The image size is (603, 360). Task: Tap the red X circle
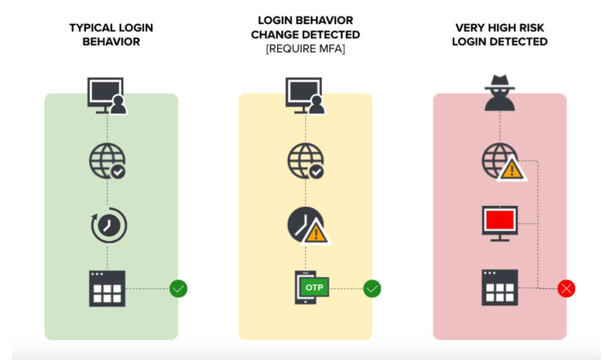coord(566,288)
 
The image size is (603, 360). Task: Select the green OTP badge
coord(314,287)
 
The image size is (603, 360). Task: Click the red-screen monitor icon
coord(500,223)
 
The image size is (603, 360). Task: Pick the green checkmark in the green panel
coord(179,288)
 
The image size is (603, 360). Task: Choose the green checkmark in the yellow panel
coord(373,288)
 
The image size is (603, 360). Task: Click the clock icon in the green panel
coord(108,225)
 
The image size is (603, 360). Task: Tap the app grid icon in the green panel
coord(107,288)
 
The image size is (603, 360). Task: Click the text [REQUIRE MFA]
coord(305,49)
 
